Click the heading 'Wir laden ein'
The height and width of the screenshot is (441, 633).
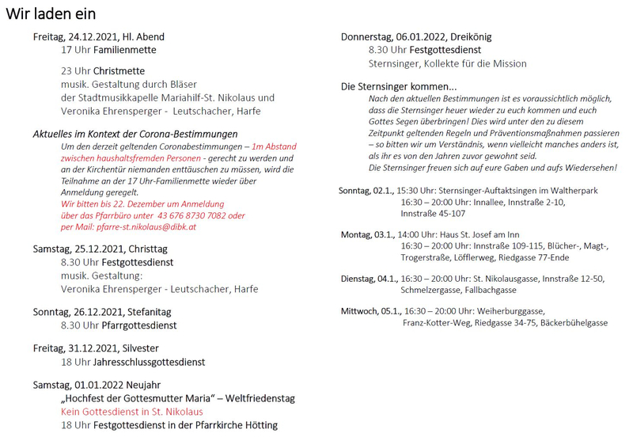point(51,14)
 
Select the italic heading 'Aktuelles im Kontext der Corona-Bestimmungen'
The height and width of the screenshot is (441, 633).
point(135,135)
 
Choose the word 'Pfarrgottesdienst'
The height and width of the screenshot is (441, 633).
point(131,325)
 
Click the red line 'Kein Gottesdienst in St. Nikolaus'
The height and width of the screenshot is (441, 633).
point(131,412)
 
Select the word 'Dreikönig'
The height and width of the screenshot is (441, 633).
point(472,36)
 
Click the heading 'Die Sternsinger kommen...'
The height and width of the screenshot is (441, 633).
point(399,86)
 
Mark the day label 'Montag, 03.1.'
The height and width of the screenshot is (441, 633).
point(366,234)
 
